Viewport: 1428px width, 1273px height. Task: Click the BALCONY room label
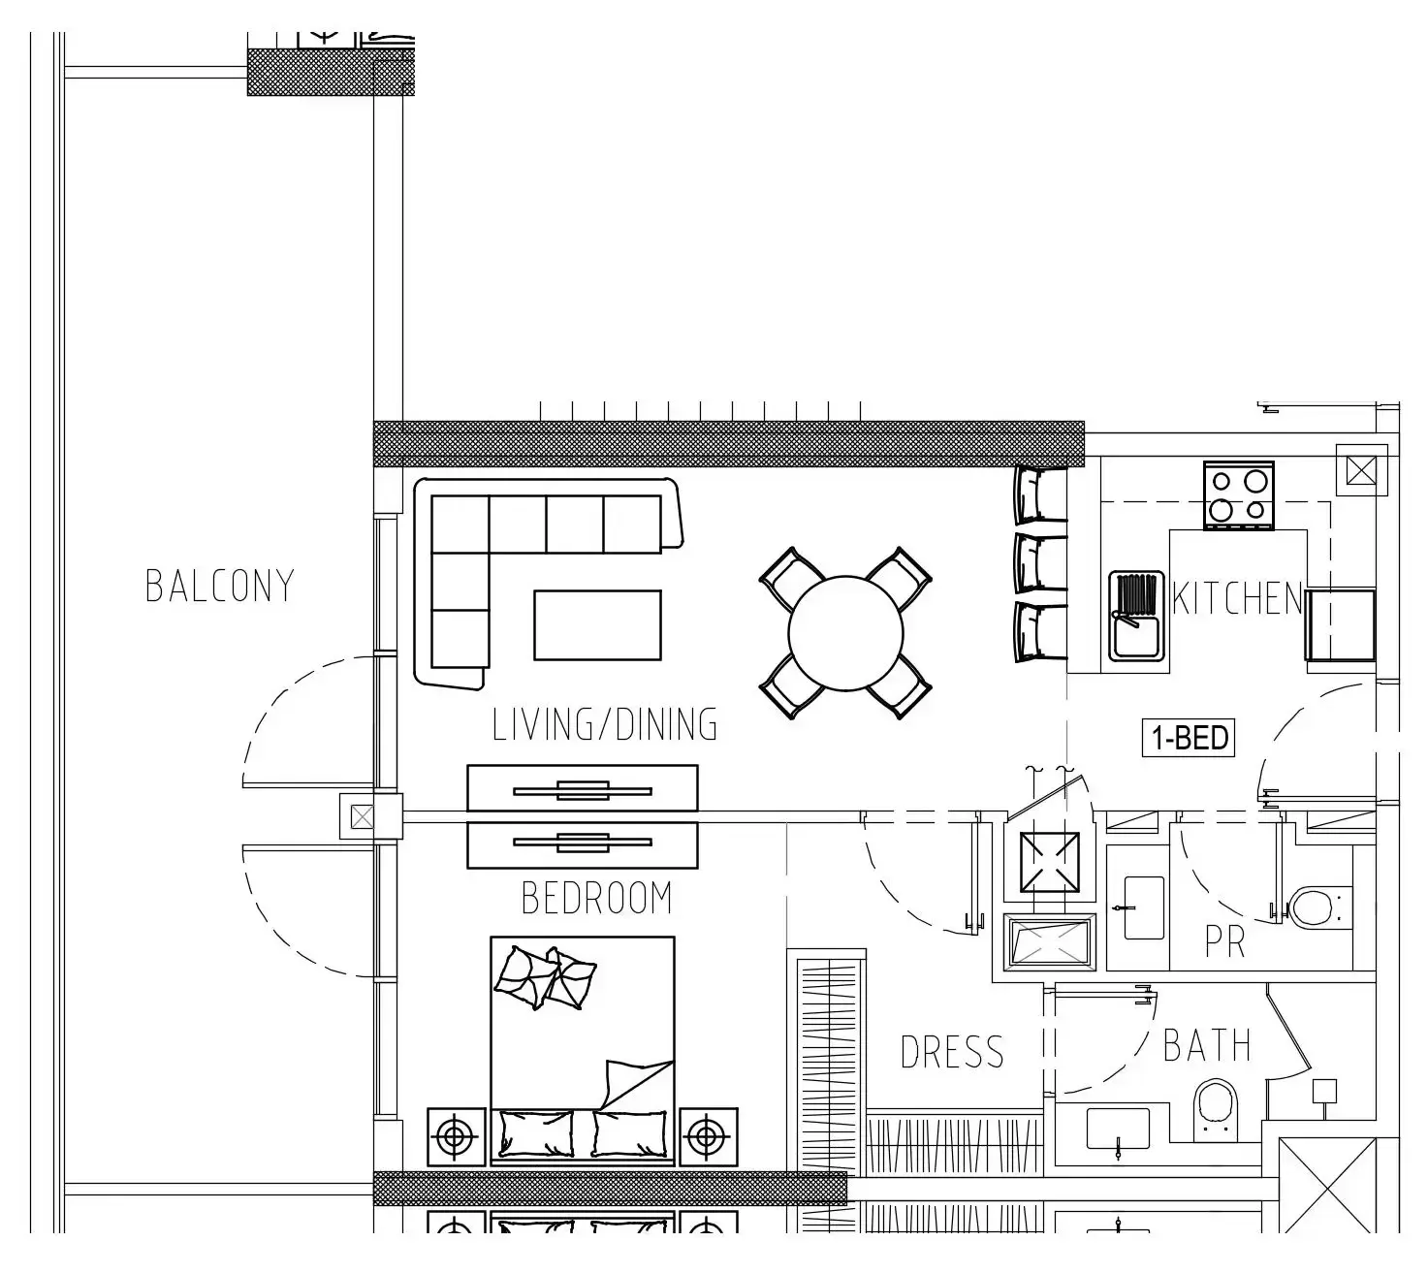coord(219,587)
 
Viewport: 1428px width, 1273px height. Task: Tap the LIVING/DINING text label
coord(605,724)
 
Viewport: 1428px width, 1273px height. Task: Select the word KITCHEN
coord(1237,598)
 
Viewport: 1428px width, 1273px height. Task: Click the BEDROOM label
coord(596,898)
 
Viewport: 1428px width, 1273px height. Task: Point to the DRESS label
coord(952,1052)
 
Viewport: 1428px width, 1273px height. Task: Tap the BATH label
coord(1207,1045)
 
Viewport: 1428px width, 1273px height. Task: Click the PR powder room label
coord(1225,941)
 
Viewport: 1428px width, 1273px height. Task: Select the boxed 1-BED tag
coord(1189,738)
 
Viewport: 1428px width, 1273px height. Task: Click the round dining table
coord(845,634)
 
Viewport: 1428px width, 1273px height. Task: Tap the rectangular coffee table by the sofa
coord(597,625)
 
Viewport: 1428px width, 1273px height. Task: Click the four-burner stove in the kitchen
coord(1238,495)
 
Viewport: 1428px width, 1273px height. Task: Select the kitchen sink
coord(1136,616)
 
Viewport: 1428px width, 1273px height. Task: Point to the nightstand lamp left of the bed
coord(456,1137)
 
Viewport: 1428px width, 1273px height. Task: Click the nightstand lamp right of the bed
coord(708,1137)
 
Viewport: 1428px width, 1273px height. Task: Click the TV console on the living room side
coord(583,788)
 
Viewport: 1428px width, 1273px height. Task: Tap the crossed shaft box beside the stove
coord(1361,470)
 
